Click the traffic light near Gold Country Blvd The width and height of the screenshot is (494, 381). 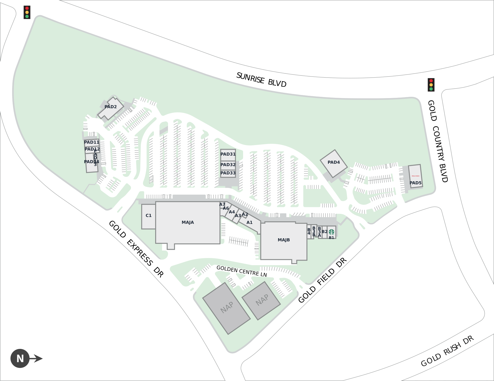[x=431, y=85]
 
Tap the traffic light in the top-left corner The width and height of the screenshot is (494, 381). [x=27, y=12]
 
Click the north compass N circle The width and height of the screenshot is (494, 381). [x=20, y=358]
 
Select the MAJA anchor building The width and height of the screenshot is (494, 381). [x=188, y=222]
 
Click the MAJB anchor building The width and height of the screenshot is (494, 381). [x=284, y=240]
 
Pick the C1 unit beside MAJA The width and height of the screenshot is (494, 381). [x=148, y=216]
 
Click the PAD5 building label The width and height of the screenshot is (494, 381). [x=416, y=183]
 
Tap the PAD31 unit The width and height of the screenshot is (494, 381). [x=228, y=154]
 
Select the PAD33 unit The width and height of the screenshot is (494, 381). [x=228, y=173]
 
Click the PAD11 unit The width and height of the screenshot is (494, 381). [x=92, y=142]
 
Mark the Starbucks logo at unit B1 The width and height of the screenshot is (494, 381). [x=331, y=232]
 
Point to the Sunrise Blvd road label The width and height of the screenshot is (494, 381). [x=261, y=80]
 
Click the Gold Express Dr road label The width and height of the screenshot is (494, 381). [x=136, y=249]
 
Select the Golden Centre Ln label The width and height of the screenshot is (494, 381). [x=242, y=271]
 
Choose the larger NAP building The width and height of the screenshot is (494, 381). [x=226, y=308]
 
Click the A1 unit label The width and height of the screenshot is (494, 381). [x=250, y=223]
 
